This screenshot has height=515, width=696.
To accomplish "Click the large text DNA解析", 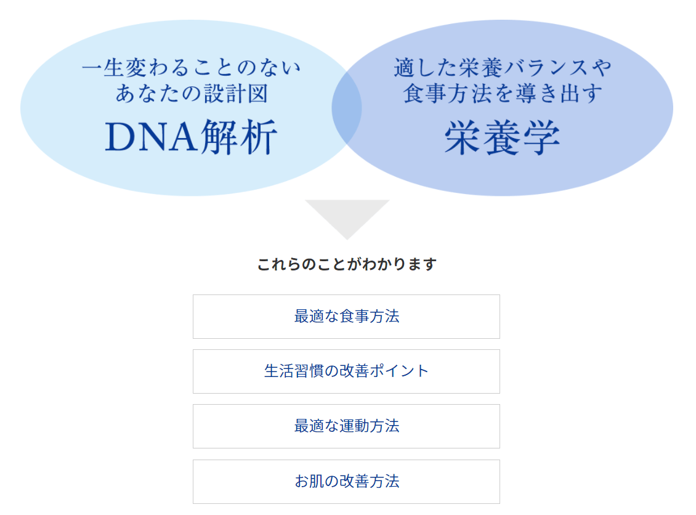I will [191, 136].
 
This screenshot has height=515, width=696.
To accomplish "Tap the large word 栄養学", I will [502, 136].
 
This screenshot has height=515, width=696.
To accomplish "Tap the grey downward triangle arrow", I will [347, 216].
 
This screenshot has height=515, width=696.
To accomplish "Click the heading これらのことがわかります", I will [347, 264].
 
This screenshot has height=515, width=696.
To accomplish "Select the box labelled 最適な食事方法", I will [346, 317].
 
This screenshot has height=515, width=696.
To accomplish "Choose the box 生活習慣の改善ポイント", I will [346, 371].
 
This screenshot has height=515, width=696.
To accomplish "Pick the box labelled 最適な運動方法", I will [346, 426].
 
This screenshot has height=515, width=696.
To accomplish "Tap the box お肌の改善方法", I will [346, 481].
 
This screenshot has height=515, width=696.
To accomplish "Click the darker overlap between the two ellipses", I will [347, 108].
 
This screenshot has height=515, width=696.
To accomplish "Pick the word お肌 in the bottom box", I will [309, 481].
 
